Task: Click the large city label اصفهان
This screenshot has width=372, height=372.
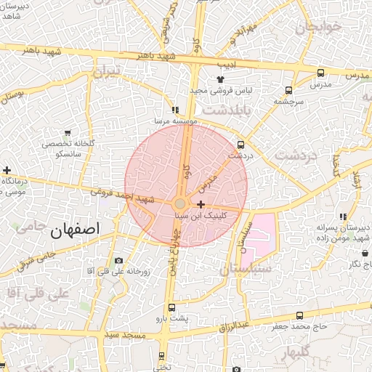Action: coord(76,230)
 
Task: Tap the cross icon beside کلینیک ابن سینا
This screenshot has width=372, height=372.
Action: coord(201,205)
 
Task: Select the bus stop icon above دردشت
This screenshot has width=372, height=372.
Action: coord(241,144)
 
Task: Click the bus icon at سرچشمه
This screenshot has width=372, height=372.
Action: coord(289,91)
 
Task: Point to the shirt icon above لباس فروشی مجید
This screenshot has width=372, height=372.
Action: coord(220,79)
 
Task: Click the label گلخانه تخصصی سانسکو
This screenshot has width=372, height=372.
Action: coord(68,150)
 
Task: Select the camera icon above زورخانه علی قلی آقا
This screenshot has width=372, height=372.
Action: coord(118,261)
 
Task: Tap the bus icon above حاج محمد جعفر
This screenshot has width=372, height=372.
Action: coord(300,315)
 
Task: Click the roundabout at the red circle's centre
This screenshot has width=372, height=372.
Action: coord(180,204)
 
